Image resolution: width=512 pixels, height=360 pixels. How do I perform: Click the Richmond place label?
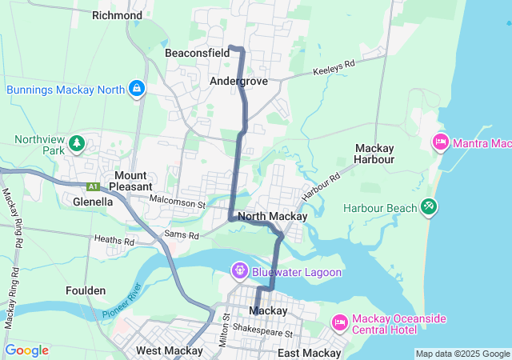117,15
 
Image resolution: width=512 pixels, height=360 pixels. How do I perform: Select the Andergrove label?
238,82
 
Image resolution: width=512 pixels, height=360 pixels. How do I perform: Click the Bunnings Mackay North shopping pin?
137,88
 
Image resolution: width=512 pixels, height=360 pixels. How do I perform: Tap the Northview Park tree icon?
76,143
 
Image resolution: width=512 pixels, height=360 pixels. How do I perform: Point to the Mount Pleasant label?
130,181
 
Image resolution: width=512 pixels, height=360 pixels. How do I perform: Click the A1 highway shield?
93,186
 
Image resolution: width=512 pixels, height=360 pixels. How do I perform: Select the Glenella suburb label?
91,202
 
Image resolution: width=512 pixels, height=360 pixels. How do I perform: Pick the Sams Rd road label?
180,234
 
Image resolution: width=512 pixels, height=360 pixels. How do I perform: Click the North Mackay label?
272,217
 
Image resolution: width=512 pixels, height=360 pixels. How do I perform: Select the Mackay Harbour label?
375,154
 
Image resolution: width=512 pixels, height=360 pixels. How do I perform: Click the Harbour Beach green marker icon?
429,207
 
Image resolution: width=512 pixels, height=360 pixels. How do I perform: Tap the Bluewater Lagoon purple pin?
239,271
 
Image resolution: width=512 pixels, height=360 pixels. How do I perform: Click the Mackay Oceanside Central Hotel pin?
338,323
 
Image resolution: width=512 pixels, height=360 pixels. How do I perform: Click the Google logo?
26,350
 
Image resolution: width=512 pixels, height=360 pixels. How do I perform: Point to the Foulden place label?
86,290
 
